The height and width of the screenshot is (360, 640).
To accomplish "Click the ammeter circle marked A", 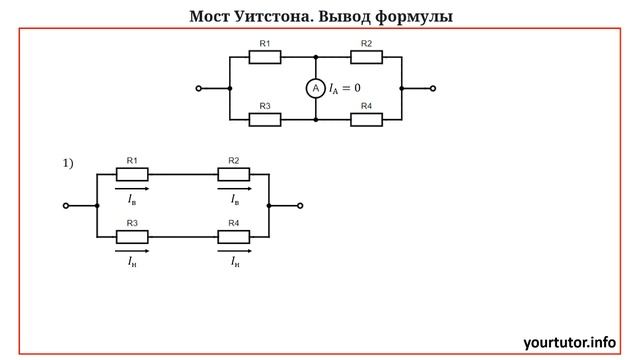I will coord(315,89).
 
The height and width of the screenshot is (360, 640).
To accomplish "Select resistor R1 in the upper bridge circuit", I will coord(264,57).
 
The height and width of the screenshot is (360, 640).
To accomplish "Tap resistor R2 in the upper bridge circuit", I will coord(366,57).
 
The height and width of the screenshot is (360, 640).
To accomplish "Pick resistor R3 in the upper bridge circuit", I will coord(264,119).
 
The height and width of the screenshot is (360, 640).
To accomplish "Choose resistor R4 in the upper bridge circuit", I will coord(366,119).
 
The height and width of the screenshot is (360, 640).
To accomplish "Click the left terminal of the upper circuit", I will coord(199,88).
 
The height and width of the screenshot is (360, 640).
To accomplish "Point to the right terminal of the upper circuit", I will coord(432,88).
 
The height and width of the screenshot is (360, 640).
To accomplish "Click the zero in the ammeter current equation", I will coord(356,89).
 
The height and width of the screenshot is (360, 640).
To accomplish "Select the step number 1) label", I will coord(69,163).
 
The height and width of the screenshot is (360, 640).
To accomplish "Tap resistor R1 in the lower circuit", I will coord(133,174).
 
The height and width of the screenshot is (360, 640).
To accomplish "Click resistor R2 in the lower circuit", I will coord(234,174).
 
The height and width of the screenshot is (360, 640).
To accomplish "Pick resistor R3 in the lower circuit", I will coord(133,236).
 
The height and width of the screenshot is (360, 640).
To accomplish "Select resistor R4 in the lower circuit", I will coord(234,236).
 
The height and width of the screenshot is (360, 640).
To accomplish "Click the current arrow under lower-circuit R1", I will coord(133,188).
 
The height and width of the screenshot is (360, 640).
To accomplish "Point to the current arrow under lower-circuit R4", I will coord(234,251).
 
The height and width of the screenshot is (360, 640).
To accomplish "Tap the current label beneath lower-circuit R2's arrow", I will coord(235,200).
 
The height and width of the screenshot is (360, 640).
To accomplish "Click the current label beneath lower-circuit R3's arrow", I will coord(133,263).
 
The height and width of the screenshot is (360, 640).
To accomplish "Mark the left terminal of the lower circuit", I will coord(66,205).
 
